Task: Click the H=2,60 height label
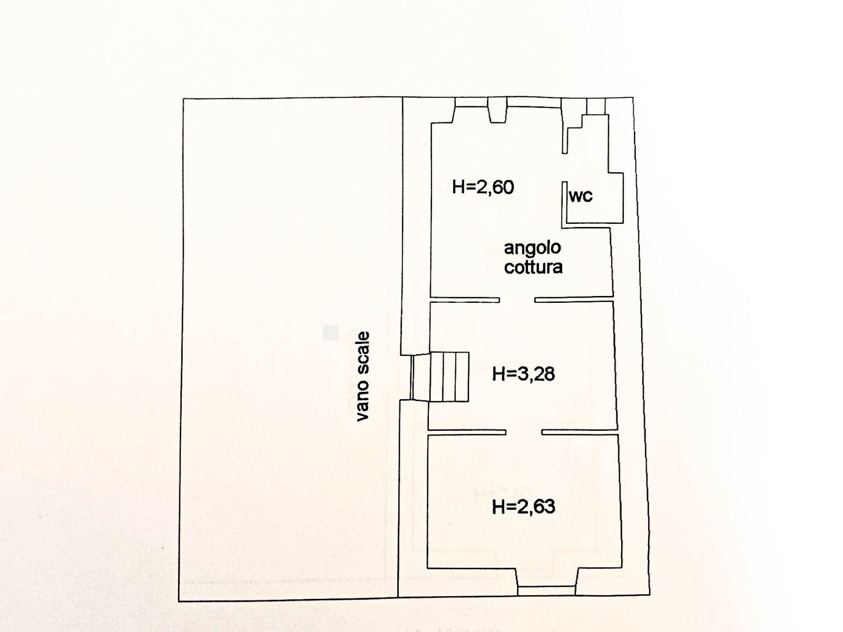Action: point(483,187)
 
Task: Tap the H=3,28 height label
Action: point(524,374)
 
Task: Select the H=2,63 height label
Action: point(524,507)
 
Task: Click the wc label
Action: point(581,196)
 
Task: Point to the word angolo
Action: point(532,248)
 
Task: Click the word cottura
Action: point(533,267)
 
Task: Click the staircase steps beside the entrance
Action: point(449,377)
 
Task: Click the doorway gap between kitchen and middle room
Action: point(517,299)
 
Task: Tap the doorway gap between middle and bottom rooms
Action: point(524,432)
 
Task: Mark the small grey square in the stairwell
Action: point(331,332)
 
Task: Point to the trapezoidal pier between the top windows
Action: point(498,110)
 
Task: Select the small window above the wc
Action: point(596,106)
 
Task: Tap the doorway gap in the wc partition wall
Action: point(565,167)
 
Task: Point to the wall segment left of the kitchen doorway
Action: point(465,299)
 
